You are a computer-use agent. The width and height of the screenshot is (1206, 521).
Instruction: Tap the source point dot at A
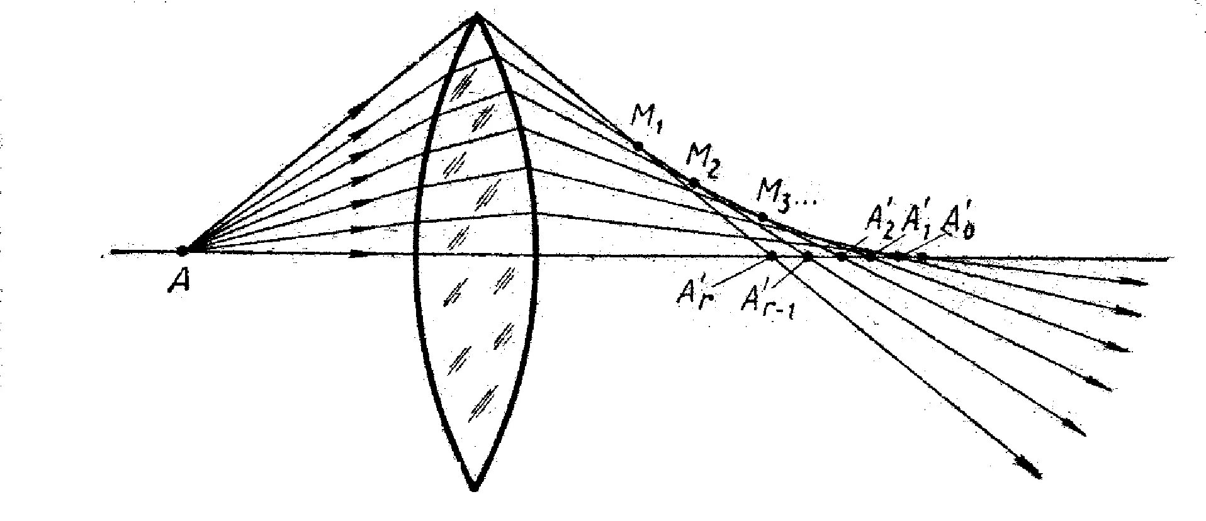(182, 251)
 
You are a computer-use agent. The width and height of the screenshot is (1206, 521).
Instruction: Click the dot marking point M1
(638, 146)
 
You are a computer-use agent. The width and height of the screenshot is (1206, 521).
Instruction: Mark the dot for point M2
(694, 183)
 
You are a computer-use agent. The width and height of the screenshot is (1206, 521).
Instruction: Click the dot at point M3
(762, 217)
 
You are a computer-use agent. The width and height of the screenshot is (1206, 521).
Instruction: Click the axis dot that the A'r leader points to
(772, 255)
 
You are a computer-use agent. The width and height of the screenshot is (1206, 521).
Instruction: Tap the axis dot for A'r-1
(808, 256)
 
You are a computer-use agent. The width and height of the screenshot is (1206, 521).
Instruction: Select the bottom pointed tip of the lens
(475, 488)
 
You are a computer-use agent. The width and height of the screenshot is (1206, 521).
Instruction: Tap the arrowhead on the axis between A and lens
(360, 254)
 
